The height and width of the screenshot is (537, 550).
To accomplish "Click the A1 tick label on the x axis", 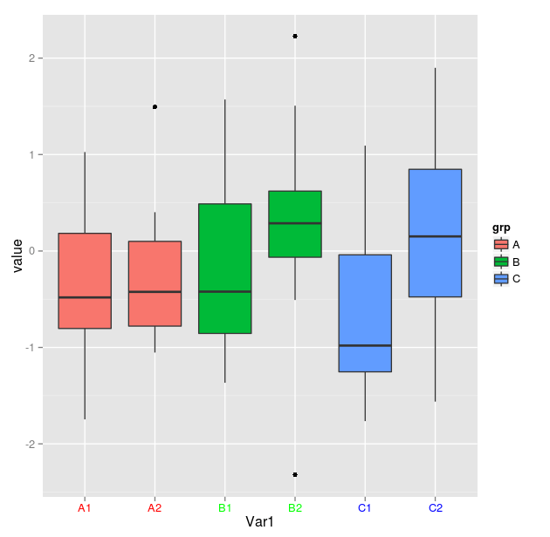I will point(85,507).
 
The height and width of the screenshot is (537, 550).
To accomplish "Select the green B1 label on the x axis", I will point(225,507).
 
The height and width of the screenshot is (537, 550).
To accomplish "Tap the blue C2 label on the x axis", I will point(436,507).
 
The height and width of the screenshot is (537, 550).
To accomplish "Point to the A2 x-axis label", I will point(155,507).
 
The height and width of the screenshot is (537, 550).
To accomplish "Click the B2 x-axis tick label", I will point(295,507).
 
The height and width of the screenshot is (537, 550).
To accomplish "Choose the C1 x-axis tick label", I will point(365,507).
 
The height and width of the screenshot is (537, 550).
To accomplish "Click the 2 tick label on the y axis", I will point(33,58).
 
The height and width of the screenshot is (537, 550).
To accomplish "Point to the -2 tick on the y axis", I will point(31,444).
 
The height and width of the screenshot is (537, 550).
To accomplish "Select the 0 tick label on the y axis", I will point(33,251).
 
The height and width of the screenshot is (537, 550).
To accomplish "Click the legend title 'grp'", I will point(501,228).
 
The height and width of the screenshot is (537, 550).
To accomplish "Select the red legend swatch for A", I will point(501,245).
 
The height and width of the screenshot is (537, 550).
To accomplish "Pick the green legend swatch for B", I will point(501,262).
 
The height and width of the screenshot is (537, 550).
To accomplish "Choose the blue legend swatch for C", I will point(501,279).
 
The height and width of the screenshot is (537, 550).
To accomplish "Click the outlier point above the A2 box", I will point(155,106).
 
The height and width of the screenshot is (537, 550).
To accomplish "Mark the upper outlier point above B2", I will point(295,36).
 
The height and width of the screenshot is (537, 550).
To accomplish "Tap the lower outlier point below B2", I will point(295,474).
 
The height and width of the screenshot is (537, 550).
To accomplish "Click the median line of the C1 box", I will point(365,345).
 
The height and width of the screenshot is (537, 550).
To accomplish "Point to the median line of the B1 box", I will point(225,291).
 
